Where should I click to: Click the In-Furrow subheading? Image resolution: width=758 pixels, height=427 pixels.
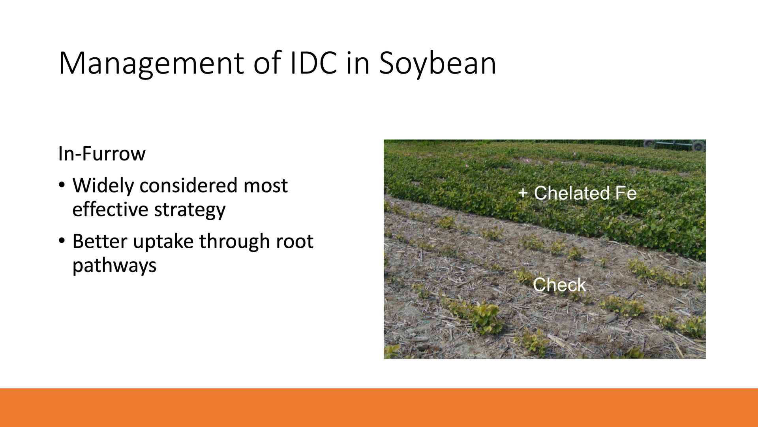(102, 153)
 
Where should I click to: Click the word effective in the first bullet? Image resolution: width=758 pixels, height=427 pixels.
(110, 209)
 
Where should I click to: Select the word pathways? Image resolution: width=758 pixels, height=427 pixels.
(114, 266)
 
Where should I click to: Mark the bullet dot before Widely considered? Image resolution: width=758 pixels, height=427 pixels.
(62, 185)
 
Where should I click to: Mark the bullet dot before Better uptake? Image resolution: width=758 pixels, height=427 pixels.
(62, 241)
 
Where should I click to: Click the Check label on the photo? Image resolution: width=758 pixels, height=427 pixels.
(559, 285)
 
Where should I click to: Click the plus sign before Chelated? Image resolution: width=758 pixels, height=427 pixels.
(523, 193)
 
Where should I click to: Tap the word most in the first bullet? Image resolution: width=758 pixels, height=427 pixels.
(266, 186)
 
